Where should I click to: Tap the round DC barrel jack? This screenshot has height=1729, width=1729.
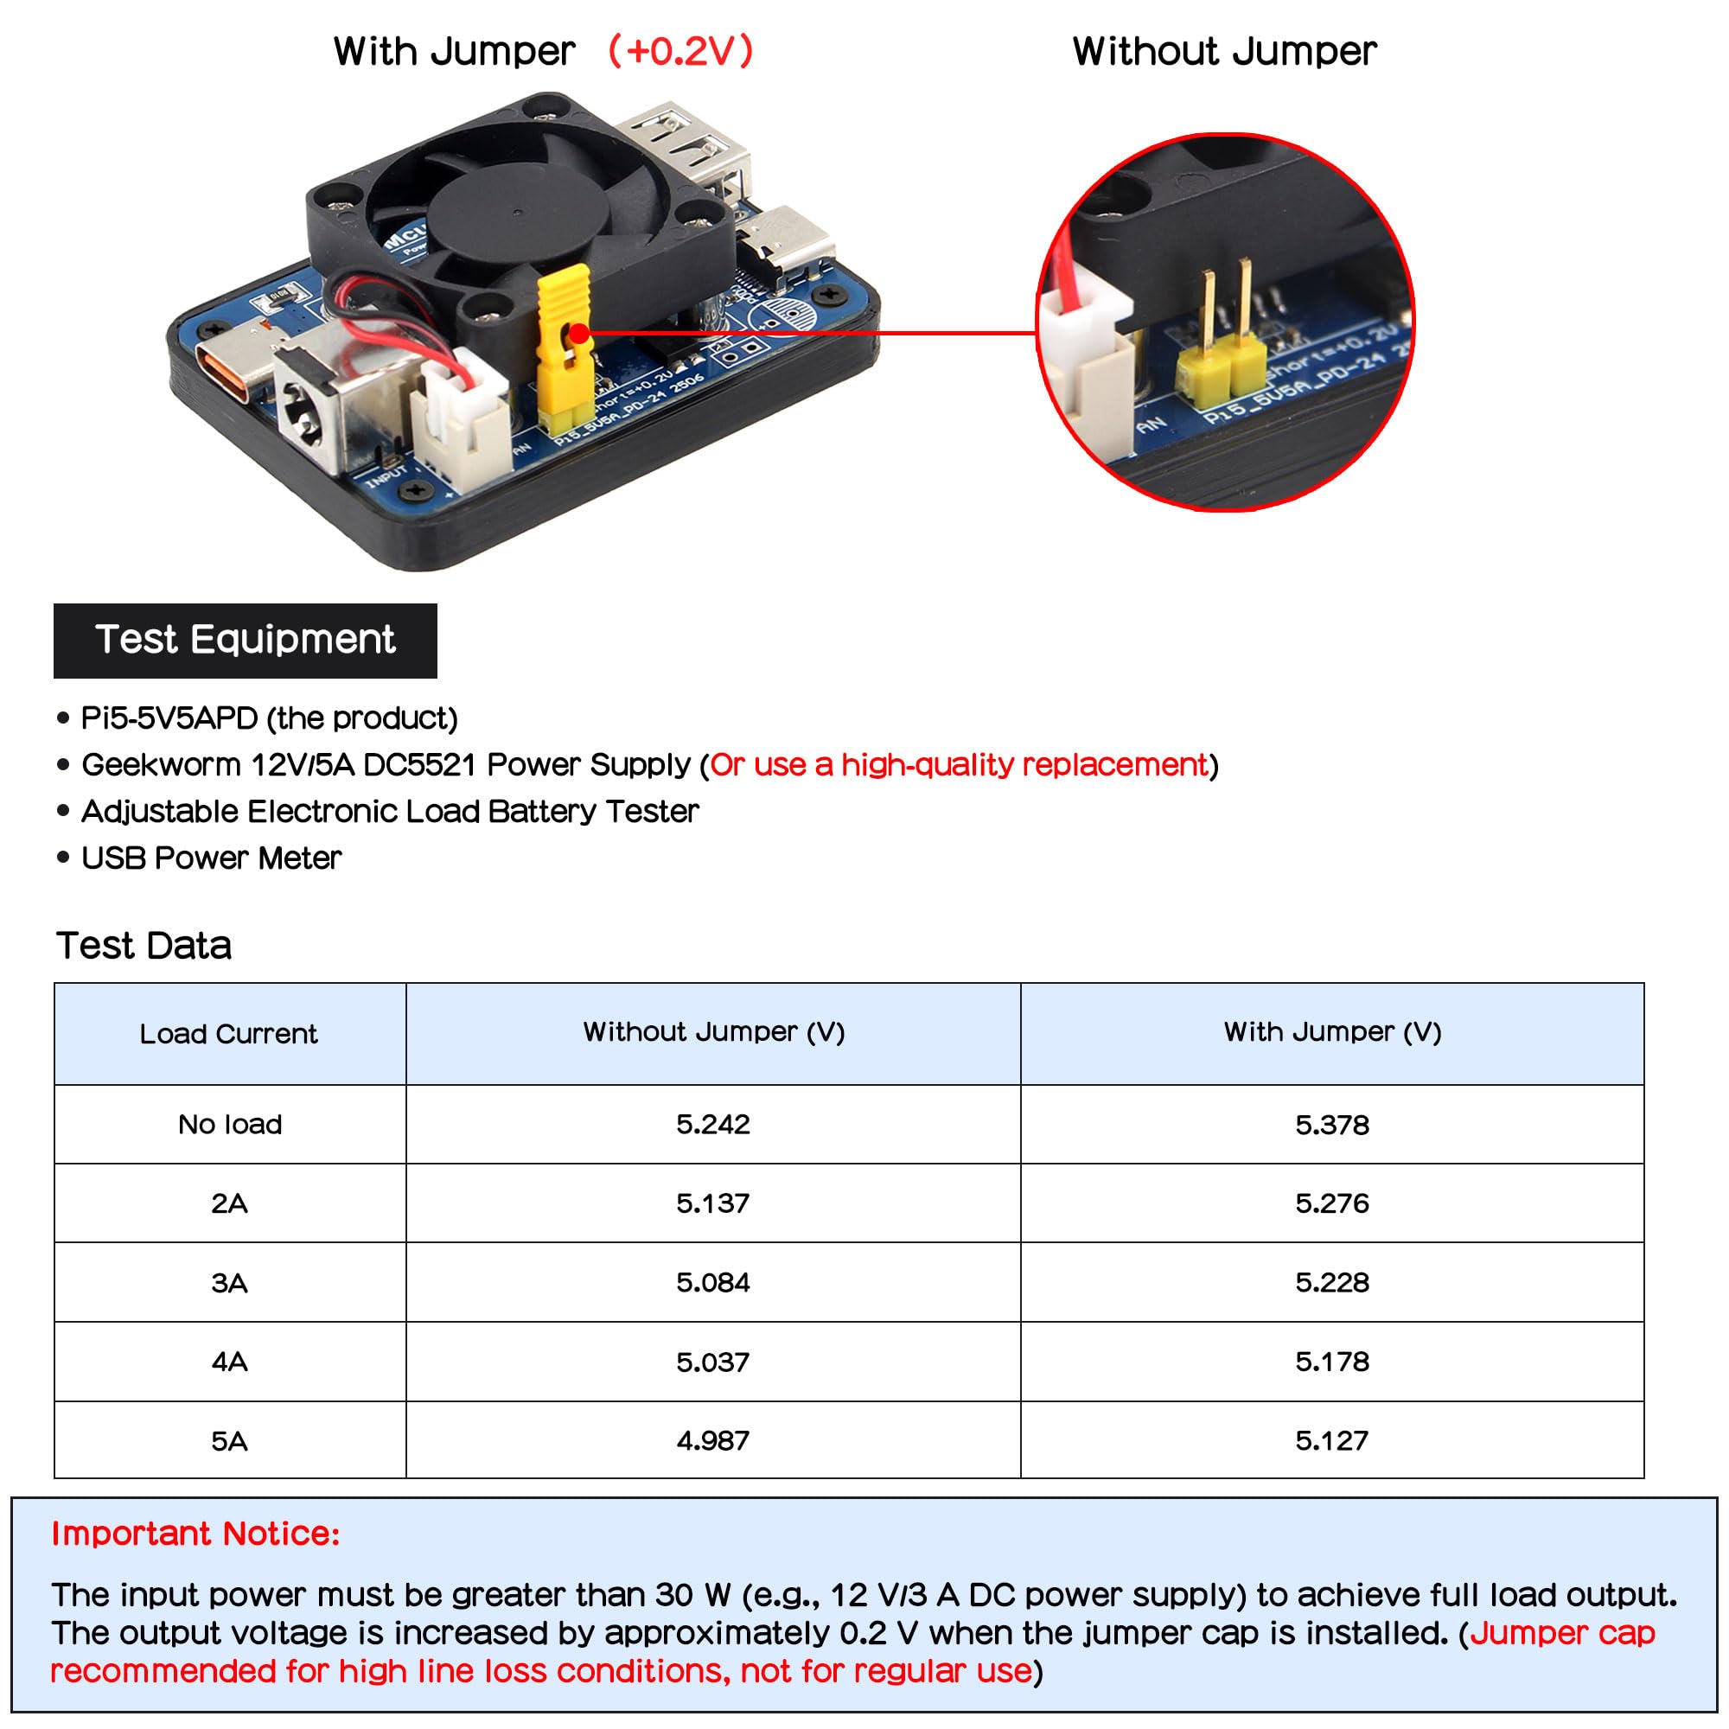point(302,412)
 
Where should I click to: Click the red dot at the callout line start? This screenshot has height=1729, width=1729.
point(580,334)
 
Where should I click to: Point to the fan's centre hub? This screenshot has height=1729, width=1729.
point(518,213)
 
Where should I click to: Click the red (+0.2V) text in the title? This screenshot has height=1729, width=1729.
point(680,51)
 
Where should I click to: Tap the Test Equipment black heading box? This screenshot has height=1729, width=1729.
point(246,640)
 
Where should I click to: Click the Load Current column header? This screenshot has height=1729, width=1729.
point(229,1034)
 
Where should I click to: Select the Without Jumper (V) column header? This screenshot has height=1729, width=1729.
point(713,1032)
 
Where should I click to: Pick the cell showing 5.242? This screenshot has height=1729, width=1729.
point(713,1124)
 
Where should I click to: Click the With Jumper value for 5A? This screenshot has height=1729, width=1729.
point(1331,1441)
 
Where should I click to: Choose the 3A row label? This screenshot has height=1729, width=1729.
point(229,1282)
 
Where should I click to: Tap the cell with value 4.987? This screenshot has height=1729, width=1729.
point(713,1441)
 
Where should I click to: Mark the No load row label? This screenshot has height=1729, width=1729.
point(230,1124)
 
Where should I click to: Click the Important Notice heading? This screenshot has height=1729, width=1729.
point(196,1534)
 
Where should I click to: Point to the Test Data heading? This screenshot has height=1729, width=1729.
point(144,946)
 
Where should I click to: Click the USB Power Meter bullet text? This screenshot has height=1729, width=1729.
point(211,858)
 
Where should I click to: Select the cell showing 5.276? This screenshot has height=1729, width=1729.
point(1331,1203)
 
